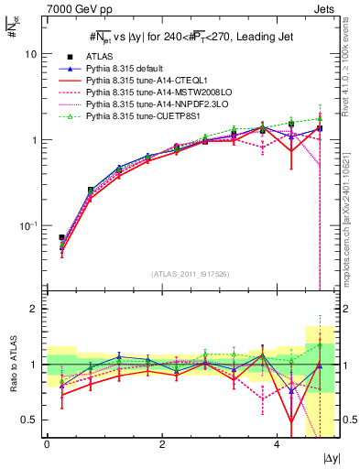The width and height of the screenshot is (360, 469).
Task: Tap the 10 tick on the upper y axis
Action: [x=31, y=54]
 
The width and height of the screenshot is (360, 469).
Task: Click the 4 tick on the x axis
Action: [x=277, y=444]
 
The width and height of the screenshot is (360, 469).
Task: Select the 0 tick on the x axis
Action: [x=47, y=444]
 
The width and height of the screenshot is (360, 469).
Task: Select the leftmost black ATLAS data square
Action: [x=61, y=238]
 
